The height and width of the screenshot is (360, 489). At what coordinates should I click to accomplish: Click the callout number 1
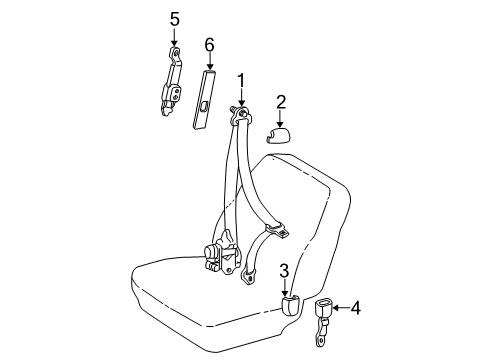pos(241,81)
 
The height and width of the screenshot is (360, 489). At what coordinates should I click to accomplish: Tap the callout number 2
pos(281,102)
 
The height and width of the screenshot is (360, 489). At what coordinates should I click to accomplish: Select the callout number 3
pos(284,271)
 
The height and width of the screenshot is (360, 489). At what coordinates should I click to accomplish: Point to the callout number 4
pos(356,308)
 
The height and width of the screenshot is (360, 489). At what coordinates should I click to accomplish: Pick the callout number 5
pos(175,19)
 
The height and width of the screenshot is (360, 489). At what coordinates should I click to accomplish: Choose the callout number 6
pos(209,45)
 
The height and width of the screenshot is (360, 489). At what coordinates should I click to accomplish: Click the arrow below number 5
pos(174,37)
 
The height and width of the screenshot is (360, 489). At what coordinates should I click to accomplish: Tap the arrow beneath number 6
pos(210,61)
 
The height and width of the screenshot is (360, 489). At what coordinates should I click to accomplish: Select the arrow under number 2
pos(280,119)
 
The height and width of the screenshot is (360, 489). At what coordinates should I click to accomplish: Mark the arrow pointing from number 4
pos(341,308)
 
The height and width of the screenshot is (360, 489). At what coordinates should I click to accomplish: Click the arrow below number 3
pos(285,288)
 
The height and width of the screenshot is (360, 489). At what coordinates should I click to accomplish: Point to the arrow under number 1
pos(241,98)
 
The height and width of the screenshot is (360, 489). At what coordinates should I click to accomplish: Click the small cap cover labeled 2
pos(278,135)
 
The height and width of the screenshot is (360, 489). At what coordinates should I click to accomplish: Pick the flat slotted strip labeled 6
pos(204,99)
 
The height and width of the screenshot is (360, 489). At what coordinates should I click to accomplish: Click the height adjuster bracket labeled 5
pos(172,82)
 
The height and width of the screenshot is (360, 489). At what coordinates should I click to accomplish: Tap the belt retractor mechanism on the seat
pos(222,253)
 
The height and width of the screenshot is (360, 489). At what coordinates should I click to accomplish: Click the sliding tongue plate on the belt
pos(277,230)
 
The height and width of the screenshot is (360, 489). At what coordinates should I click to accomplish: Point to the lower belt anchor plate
pos(248,277)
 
